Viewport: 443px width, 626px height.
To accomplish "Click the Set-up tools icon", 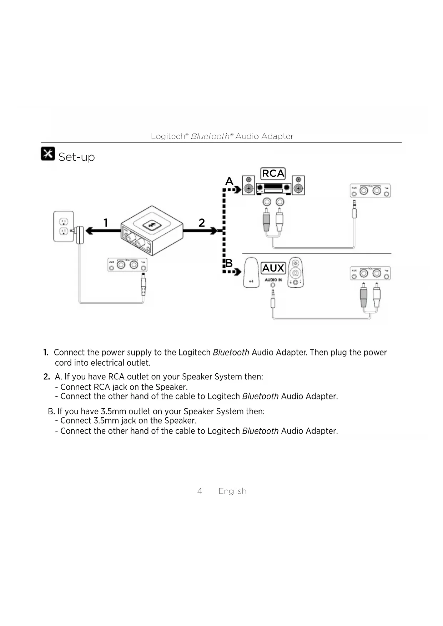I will tap(48, 153).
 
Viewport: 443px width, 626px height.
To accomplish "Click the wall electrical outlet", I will tap(64, 226).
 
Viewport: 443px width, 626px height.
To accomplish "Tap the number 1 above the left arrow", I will tap(106, 223).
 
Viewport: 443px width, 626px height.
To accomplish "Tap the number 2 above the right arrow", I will tap(202, 223).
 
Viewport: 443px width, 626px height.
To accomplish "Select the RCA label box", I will tap(273, 173).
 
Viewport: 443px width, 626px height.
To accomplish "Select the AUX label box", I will tap(273, 268).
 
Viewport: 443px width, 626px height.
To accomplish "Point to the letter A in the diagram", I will tap(229, 181).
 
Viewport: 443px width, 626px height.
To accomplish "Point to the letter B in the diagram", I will tap(229, 263).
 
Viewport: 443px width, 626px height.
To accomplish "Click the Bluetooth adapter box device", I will tap(152, 230).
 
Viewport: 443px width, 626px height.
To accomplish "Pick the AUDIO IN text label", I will tap(273, 280).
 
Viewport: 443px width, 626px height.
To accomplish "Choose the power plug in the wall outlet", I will tap(80, 235).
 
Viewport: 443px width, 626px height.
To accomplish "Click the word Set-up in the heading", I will tap(76, 157).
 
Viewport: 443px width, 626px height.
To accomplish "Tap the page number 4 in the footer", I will tap(200, 491).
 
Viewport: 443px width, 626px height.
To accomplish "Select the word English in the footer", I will tap(232, 491).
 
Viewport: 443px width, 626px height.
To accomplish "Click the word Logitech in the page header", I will tap(168, 136).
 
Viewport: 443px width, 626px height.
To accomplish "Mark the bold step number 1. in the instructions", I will tap(46, 353).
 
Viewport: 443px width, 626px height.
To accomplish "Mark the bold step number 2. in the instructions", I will tap(46, 377).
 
